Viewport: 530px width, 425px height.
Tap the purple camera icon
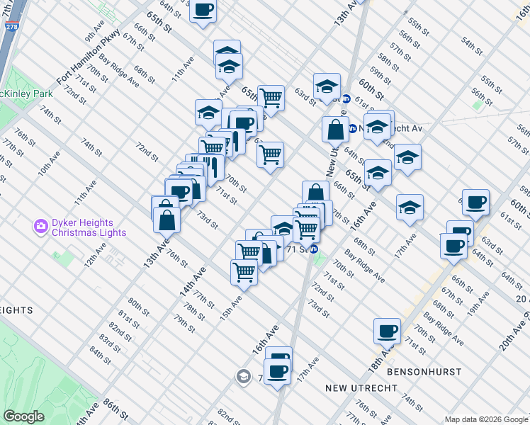coord(40,227)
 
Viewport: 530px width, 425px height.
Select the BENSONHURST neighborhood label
coord(424,371)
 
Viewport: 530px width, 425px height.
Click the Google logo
coord(23,416)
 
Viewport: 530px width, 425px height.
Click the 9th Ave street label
coord(94,33)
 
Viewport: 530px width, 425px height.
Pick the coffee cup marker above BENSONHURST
coord(387,330)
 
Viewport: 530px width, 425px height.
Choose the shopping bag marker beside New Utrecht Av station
coord(334,130)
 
